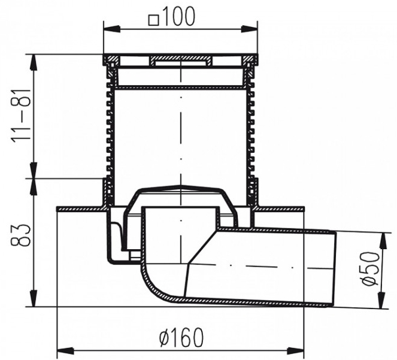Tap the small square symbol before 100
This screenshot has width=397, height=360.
tap(153, 19)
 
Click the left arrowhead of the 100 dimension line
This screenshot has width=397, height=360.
tap(108, 28)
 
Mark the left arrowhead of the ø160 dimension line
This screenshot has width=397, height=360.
tap(61, 350)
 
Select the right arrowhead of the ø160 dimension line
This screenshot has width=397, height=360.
tap(301, 350)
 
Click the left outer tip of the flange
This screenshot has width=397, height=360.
tap(57, 208)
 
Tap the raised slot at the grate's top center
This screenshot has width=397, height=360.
tap(180, 60)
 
